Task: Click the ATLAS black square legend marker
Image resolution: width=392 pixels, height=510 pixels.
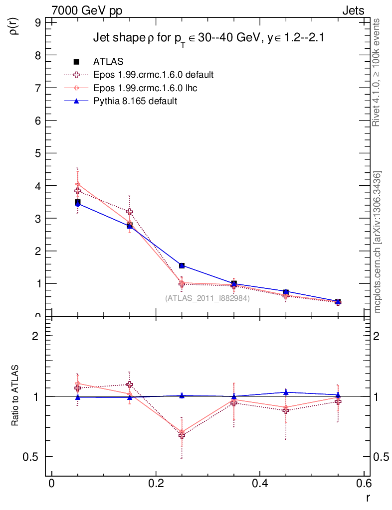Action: [77, 62]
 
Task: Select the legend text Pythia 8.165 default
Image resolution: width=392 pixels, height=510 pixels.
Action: [135, 101]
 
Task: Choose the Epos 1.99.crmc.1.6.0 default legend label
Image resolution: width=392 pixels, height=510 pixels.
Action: [154, 75]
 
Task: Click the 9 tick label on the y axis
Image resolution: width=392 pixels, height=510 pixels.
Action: [38, 22]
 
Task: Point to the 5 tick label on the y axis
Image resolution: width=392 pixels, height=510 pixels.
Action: [38, 153]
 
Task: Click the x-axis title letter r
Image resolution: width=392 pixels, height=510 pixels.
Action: [368, 497]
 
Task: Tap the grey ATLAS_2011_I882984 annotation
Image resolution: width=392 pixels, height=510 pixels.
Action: [207, 298]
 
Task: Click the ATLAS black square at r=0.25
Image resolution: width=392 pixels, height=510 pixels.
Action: [182, 265]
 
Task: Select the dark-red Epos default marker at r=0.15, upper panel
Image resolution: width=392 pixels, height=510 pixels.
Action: [130, 212]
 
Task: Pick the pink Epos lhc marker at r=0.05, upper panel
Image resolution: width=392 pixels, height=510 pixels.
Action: [77, 184]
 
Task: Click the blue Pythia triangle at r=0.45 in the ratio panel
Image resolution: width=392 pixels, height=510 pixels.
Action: [286, 392]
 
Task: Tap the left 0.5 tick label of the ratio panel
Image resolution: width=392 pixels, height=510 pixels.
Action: [34, 457]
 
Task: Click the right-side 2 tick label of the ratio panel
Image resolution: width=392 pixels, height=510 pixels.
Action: [378, 336]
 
